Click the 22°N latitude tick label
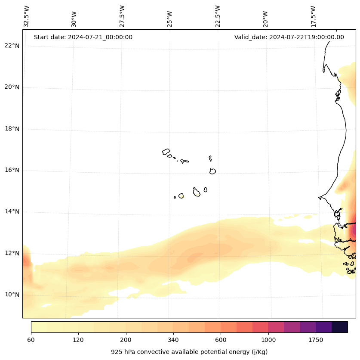12,46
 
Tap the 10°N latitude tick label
12,295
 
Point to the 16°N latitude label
12,170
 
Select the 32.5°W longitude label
27,16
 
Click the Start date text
83,37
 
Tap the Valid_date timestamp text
289,37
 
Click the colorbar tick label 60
31,340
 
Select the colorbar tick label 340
173,340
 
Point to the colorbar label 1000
268,340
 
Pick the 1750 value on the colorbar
316,340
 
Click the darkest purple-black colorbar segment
340,327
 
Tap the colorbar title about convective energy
189,352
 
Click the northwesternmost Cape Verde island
166,152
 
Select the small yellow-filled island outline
181,196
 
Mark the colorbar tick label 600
221,340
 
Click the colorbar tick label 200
126,340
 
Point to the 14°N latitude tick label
12,211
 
